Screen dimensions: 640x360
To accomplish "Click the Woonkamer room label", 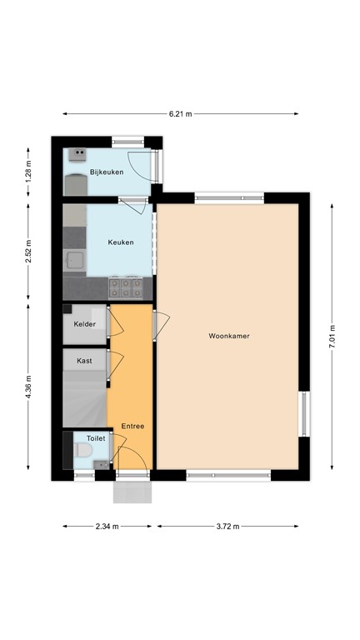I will [x=229, y=336].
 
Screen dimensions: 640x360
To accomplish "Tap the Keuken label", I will [x=121, y=242].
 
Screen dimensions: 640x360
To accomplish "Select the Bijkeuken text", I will [x=107, y=172].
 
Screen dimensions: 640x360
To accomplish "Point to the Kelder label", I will [x=84, y=324].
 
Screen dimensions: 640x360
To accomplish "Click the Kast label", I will [x=84, y=361].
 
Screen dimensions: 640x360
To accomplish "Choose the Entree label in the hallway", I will [x=132, y=426].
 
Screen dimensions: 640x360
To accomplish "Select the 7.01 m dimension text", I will [x=332, y=336].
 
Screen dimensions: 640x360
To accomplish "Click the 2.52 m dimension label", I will [x=28, y=252].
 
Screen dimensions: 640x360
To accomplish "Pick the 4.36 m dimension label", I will [x=28, y=389].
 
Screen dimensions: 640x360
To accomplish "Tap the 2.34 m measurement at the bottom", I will [x=107, y=527].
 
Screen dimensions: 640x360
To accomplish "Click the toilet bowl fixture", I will [x=82, y=451].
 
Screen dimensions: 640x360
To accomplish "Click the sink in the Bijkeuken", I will [x=77, y=153].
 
